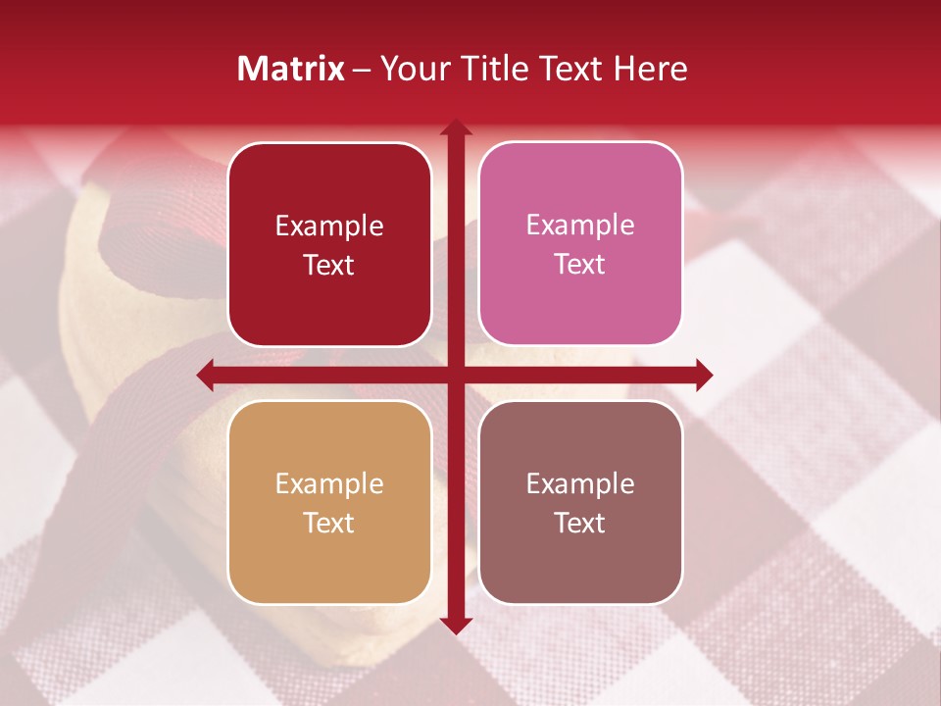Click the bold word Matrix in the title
point(291,68)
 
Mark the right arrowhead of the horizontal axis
point(703,375)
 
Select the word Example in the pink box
point(580,225)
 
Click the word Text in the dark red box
point(329,265)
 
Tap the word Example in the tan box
point(329,483)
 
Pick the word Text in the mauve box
point(580,523)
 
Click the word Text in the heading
point(568,68)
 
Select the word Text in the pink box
point(580,264)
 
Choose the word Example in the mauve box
point(580,483)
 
